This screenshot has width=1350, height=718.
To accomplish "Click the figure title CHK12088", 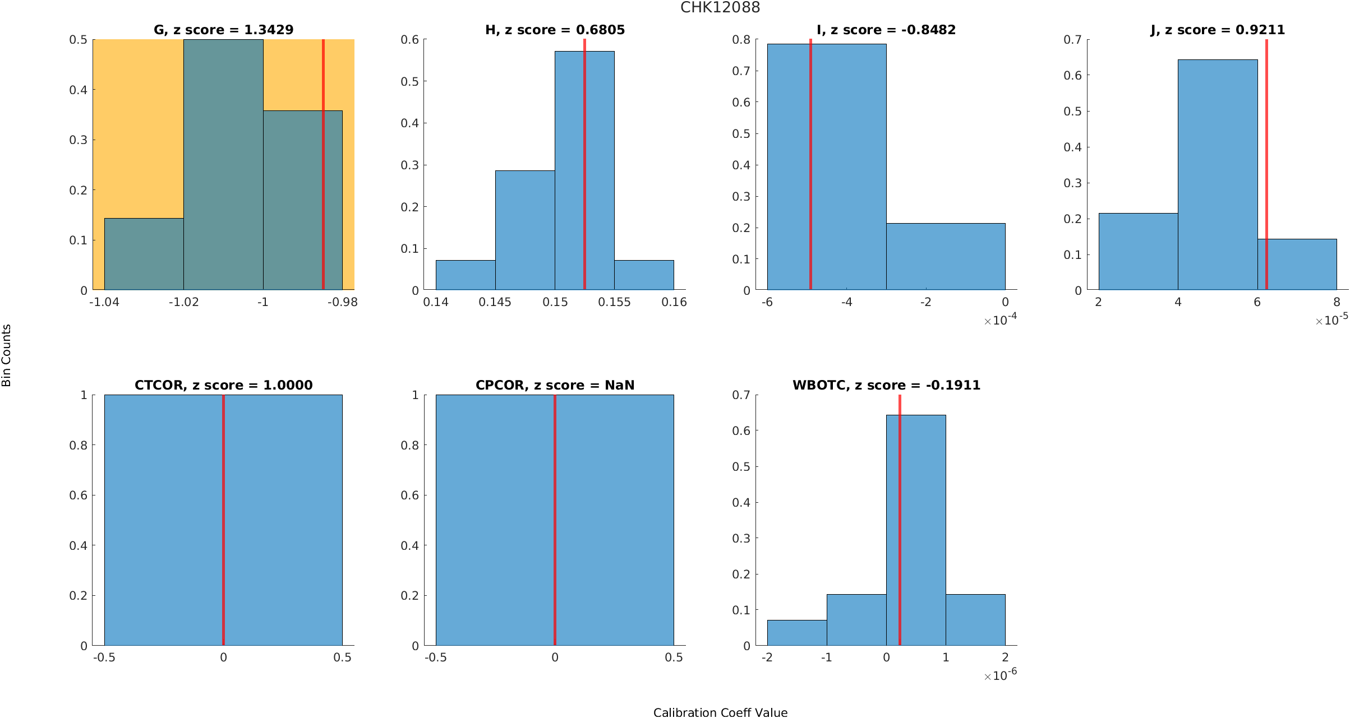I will tap(720, 8).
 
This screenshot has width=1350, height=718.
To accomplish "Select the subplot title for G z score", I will tap(223, 30).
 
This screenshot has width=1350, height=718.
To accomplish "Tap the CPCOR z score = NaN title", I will tap(555, 385).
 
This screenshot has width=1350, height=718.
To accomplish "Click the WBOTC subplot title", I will tap(886, 385).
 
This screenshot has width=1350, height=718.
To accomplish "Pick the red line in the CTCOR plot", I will tap(223, 521).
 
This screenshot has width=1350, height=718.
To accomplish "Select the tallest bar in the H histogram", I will tap(584, 168).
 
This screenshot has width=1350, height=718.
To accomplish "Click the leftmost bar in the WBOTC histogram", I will tap(796, 633).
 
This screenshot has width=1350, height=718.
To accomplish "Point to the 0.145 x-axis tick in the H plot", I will tap(495, 303).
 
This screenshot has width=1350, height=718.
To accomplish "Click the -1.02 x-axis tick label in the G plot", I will tap(183, 303).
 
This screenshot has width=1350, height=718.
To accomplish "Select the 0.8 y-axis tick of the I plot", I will tap(741, 40).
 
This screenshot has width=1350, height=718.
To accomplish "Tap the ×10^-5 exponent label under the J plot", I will tap(1331, 320).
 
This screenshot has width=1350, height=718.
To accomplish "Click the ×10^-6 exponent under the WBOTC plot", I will tap(1000, 675).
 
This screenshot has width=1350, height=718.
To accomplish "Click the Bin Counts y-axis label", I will tap(7, 355).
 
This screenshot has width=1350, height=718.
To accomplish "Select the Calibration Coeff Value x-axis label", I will tap(720, 712).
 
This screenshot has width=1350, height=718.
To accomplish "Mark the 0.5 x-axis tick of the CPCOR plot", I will tap(673, 657).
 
